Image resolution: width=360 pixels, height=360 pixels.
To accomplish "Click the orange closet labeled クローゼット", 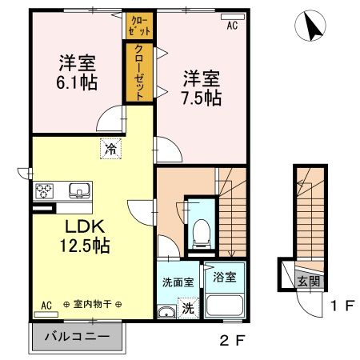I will tap(138, 72).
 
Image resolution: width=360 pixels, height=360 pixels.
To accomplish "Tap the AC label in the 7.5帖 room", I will tap(232, 26).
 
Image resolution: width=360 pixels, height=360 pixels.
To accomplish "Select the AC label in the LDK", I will tap(46, 305).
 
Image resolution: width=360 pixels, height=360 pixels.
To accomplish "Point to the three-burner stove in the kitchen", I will tap(44, 191).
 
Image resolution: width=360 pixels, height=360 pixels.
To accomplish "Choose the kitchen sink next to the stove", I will tap(78, 190).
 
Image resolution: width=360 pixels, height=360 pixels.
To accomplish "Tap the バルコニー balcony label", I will tap(77, 336).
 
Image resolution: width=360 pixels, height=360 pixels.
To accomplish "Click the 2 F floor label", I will tap(231, 340).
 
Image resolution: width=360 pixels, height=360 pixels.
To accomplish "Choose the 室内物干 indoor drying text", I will tap(92, 305).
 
